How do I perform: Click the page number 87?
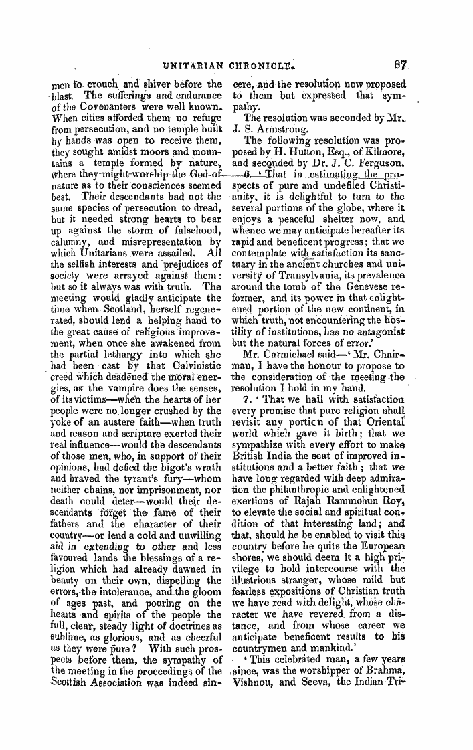pos(400,66)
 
